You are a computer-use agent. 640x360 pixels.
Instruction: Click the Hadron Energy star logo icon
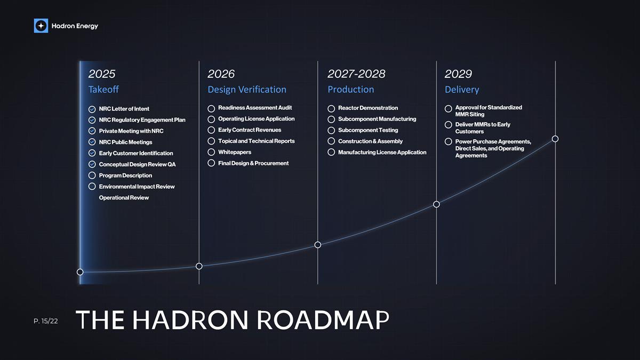[x=41, y=26]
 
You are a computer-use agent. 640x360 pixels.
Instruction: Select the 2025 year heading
[x=102, y=74]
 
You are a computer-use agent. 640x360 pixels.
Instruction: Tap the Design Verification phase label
[x=247, y=90]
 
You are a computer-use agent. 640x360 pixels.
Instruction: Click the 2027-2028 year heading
[x=356, y=74]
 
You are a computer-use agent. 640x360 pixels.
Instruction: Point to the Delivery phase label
[x=462, y=90]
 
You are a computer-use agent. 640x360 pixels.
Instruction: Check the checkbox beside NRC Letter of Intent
[x=92, y=109]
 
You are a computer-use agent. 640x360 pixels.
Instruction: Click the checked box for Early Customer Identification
[x=92, y=153]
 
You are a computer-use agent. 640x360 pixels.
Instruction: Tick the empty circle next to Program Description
[x=92, y=175]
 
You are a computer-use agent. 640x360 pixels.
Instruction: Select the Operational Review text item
[x=124, y=198]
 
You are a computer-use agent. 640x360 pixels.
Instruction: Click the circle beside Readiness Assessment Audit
[x=211, y=108]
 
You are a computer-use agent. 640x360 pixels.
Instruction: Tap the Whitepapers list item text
[x=235, y=152]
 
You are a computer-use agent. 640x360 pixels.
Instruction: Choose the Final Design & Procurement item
[x=253, y=163]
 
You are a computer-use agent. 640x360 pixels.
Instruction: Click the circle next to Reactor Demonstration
[x=331, y=108]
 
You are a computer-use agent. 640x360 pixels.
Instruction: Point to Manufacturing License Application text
[x=382, y=153]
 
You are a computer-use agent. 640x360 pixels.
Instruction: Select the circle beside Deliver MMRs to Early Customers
[x=449, y=125]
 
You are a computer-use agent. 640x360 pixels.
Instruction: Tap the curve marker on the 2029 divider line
[x=436, y=204]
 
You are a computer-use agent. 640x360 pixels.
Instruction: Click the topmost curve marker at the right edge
[x=555, y=139]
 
